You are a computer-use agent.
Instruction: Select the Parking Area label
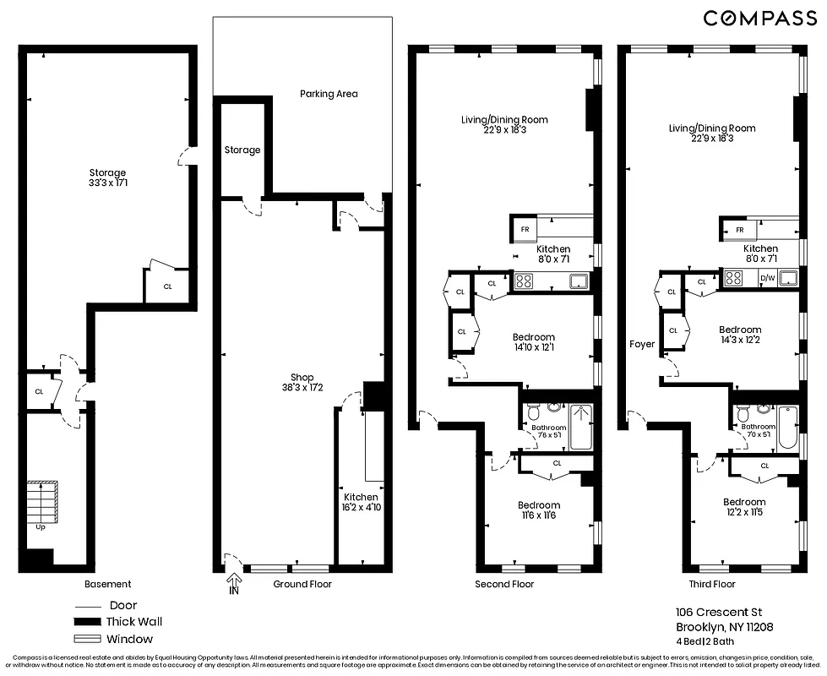[x=329, y=94]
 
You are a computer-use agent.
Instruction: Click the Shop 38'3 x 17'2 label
[x=302, y=383]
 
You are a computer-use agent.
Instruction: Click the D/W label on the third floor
[x=767, y=278]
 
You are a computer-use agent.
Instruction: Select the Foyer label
[x=642, y=344]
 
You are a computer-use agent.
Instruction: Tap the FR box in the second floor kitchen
[x=525, y=229]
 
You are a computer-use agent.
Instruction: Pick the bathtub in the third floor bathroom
[x=786, y=428]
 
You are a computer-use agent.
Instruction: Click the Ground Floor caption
[x=302, y=584]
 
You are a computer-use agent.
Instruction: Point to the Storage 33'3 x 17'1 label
[x=106, y=177]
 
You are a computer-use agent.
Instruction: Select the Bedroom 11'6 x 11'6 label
[x=538, y=510]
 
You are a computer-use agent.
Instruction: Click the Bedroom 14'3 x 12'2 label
[x=740, y=335]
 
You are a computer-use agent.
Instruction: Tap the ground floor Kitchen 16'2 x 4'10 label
[x=360, y=502]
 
